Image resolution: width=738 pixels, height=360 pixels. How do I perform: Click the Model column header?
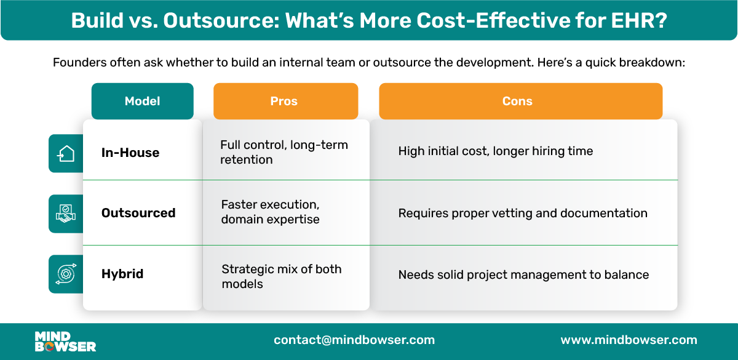tap(142, 101)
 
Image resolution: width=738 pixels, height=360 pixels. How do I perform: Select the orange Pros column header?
tap(285, 101)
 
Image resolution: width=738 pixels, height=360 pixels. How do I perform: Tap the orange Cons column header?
tap(520, 101)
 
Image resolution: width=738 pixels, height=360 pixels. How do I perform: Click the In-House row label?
tap(130, 153)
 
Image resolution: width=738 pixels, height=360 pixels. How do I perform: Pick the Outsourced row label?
tap(138, 213)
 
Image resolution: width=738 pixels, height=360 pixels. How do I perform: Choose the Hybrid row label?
tap(122, 274)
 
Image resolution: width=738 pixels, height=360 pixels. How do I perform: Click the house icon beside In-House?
tap(66, 153)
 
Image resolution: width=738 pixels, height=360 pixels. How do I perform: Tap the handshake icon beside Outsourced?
tap(66, 214)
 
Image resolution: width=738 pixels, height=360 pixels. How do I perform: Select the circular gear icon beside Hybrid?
tap(66, 274)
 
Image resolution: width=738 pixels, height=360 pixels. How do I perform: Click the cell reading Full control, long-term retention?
tap(284, 152)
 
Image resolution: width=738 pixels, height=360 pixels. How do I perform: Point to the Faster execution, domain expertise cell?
tap(270, 212)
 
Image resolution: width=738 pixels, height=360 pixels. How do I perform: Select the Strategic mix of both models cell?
tap(281, 276)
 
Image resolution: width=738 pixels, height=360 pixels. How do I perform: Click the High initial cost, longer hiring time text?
tap(495, 151)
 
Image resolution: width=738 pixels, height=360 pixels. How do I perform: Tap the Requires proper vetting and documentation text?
tap(522, 214)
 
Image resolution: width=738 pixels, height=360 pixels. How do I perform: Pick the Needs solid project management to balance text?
tap(523, 274)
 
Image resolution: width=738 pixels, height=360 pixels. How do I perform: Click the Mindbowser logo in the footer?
tap(65, 341)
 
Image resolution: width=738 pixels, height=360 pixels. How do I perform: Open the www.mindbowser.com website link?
tap(629, 340)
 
